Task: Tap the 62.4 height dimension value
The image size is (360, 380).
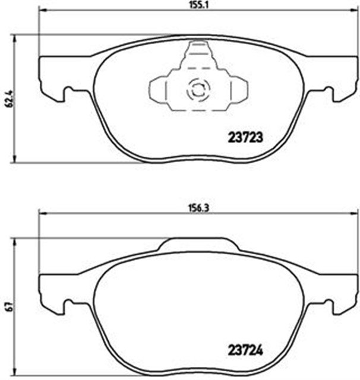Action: tap(8, 99)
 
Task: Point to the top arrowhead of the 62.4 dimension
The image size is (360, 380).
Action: tap(14, 37)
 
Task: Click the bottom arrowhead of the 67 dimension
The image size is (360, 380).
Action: tap(14, 373)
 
